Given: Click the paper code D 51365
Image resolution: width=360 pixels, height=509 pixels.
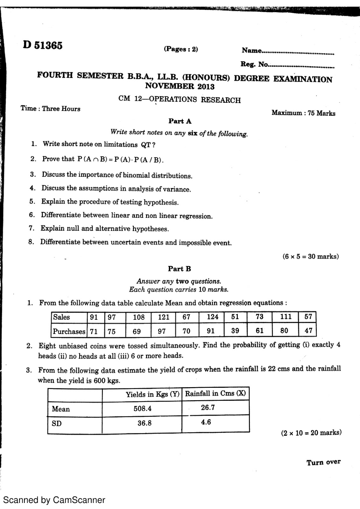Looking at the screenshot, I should pos(43,45).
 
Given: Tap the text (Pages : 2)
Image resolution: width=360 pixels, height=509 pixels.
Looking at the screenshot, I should pos(181,49).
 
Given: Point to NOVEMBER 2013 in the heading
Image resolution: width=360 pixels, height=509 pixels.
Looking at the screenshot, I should pos(180,86).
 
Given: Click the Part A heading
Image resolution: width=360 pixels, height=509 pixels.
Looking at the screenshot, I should pos(180,121).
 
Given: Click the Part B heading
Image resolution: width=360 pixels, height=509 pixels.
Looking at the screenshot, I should pos(180,269).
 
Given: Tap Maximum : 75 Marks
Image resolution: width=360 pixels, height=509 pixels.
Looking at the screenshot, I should pos(303,113).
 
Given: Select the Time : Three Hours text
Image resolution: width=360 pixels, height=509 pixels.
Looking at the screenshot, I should pos(50,108).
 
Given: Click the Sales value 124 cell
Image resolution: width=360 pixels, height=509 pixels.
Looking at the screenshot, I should pos(212,317).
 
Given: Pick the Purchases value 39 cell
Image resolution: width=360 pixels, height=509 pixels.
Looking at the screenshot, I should pos(235,331).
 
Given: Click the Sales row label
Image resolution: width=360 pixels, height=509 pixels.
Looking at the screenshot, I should pos(61,317).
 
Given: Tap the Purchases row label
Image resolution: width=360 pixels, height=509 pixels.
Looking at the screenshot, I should pos(69,331).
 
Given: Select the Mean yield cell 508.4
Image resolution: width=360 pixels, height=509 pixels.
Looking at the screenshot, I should pos(142,408).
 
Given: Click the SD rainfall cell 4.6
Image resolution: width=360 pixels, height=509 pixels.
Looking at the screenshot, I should pos(206,422).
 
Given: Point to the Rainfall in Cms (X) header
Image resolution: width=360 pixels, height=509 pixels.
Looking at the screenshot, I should pos(215,394).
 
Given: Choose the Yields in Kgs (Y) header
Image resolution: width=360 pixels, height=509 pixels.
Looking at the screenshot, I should pos(152,394).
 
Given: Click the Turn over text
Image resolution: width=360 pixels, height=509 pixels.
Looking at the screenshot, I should pos(323,462).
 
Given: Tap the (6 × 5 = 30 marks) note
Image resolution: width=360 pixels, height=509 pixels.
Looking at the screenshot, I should pos(310,256).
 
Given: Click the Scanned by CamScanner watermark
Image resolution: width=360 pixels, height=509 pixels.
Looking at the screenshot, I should pos(54,500).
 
